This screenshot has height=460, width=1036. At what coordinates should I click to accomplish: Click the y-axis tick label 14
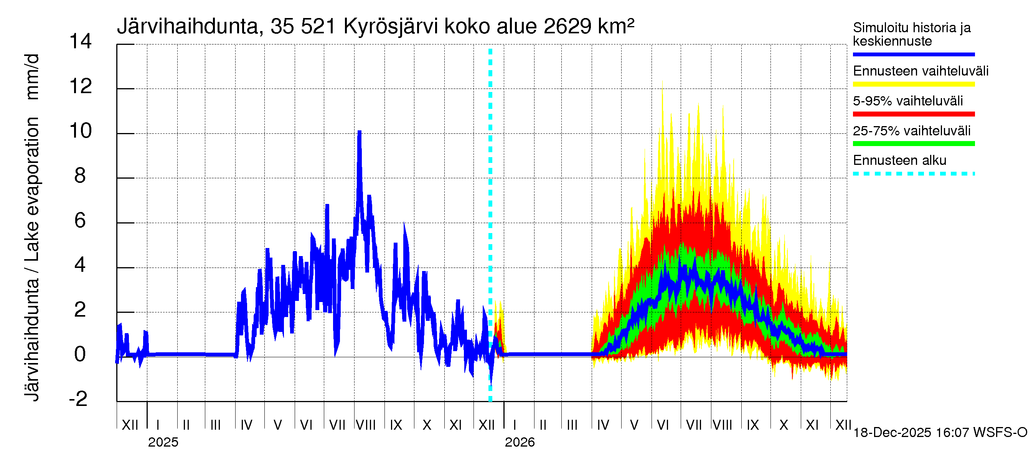81,41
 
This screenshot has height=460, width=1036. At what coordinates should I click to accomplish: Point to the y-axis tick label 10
81,131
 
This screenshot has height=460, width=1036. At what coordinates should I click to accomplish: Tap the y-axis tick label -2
78,399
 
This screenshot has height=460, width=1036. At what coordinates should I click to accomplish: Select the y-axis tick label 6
80,220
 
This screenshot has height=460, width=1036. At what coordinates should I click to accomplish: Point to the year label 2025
163,442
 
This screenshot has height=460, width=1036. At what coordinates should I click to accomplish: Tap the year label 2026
520,442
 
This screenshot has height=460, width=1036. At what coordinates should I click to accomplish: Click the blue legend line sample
913,54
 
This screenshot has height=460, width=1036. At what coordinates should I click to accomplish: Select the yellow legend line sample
913,84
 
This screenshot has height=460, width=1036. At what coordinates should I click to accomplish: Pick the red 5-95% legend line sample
913,114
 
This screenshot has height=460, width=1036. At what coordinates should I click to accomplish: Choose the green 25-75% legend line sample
913,144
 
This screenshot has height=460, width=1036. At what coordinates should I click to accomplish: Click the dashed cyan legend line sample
913,174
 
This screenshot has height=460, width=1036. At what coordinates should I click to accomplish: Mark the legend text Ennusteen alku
899,160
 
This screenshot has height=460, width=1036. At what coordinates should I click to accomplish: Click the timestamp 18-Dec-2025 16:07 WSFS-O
940,433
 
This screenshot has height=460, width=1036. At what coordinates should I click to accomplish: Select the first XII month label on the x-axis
130,425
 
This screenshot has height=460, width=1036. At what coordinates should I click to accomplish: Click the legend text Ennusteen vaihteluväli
920,71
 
